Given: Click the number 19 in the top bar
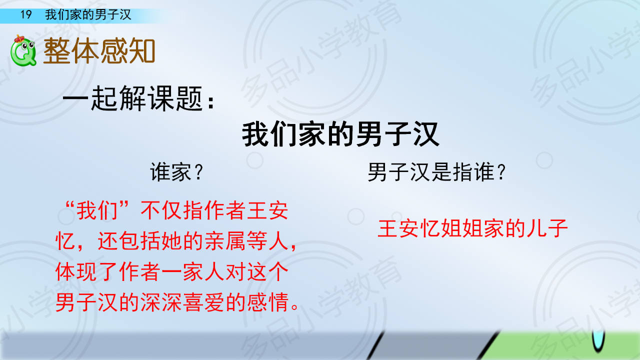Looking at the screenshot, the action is (x=26, y=14).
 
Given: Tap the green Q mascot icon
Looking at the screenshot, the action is (x=23, y=51).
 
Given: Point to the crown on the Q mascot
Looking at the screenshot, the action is (x=19, y=38).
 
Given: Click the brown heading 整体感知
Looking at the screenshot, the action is (x=99, y=51).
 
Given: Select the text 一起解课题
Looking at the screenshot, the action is (x=133, y=98).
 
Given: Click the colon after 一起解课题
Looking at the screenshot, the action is (x=211, y=101).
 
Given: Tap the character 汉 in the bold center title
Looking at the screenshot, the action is (x=425, y=134).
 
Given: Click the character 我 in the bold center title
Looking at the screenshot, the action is (x=255, y=134).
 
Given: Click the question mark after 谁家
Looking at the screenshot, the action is (x=198, y=172).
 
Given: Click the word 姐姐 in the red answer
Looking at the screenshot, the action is (x=461, y=228).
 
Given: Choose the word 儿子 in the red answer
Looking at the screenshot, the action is (x=547, y=228).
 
